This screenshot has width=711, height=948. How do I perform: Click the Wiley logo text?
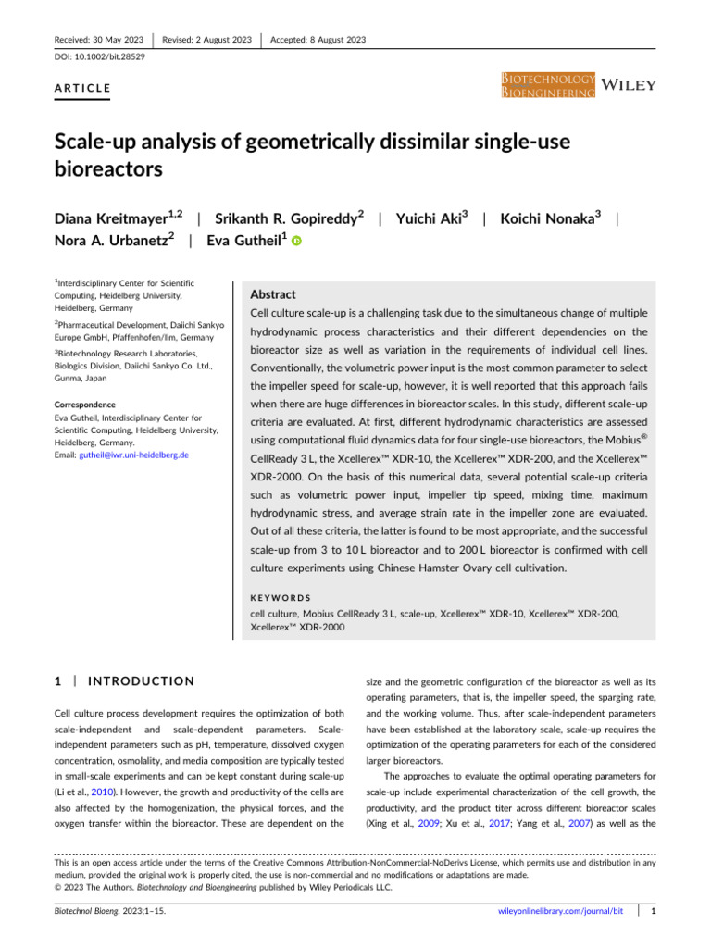(x=630, y=85)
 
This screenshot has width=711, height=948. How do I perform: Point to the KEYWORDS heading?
(x=282, y=599)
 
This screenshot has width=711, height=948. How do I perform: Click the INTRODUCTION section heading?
(x=141, y=681)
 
